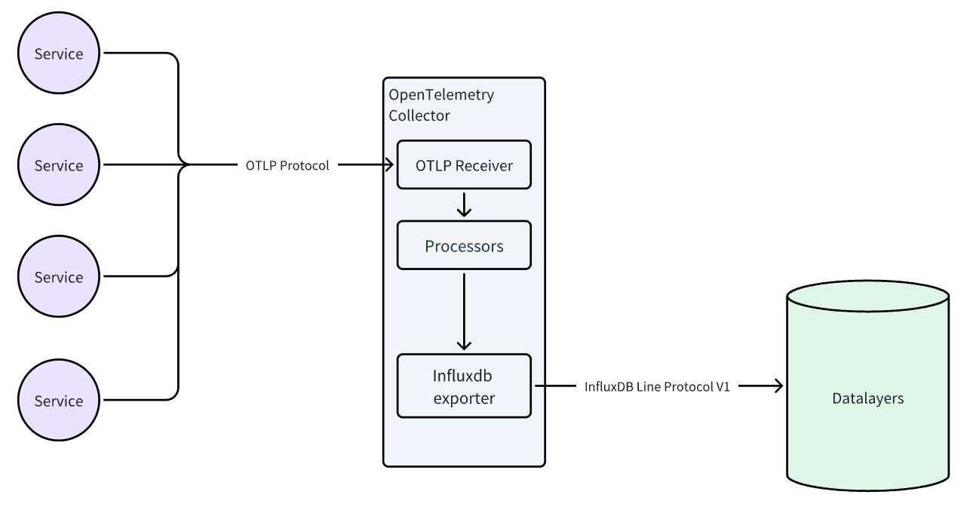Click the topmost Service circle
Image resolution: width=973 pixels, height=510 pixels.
[59, 54]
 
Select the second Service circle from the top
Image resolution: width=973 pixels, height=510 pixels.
[59, 165]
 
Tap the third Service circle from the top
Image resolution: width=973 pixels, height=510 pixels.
[59, 277]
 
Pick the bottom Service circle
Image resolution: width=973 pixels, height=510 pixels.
[59, 401]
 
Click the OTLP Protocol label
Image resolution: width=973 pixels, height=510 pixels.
[287, 166]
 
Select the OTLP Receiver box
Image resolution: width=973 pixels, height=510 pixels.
[464, 165]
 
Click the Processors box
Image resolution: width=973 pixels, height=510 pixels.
[464, 246]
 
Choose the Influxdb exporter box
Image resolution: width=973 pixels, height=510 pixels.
[464, 386]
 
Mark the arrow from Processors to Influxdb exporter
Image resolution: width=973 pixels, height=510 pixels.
[464, 309]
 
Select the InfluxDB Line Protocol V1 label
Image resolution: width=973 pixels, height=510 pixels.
[657, 386]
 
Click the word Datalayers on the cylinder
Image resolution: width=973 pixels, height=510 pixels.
[867, 398]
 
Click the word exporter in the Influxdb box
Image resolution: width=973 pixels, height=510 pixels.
[464, 398]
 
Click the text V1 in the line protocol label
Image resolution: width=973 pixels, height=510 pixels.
[722, 386]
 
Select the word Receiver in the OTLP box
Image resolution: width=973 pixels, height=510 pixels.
[484, 165]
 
